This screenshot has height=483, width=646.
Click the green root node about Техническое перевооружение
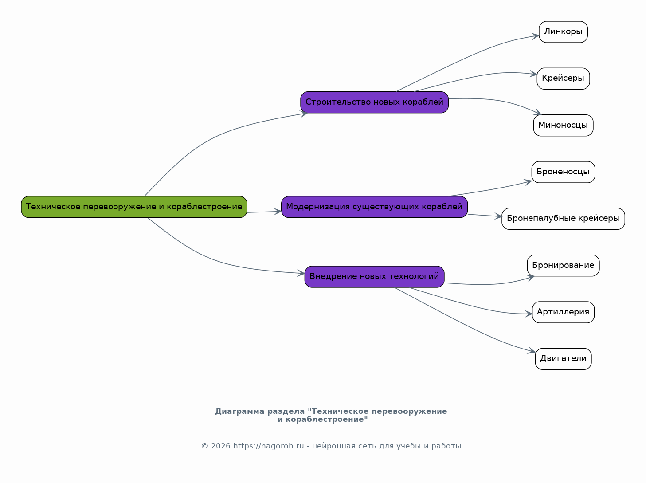[134, 207]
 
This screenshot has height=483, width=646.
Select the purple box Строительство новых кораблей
[374, 102]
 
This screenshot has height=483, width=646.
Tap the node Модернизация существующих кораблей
[374, 207]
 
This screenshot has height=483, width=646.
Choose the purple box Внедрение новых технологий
[374, 277]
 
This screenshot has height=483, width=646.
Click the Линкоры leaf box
[563, 32]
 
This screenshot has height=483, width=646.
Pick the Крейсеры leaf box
[563, 79]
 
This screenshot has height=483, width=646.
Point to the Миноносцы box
[563, 126]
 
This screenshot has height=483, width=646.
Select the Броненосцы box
[563, 172]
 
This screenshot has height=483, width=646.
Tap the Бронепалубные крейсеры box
[563, 219]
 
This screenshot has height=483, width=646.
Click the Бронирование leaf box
[563, 266]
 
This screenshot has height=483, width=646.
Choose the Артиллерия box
[563, 312]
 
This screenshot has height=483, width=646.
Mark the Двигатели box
[563, 359]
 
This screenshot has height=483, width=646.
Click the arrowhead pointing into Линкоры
[536, 36]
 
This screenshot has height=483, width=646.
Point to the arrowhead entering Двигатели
[532, 350]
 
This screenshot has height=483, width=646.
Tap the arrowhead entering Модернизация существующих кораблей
[278, 211]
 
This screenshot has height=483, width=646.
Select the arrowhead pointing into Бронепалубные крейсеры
[498, 216]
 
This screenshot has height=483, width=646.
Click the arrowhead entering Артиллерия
[529, 314]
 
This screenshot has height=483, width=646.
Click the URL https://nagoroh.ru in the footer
[268, 446]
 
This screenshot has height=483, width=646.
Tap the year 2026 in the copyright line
[221, 446]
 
